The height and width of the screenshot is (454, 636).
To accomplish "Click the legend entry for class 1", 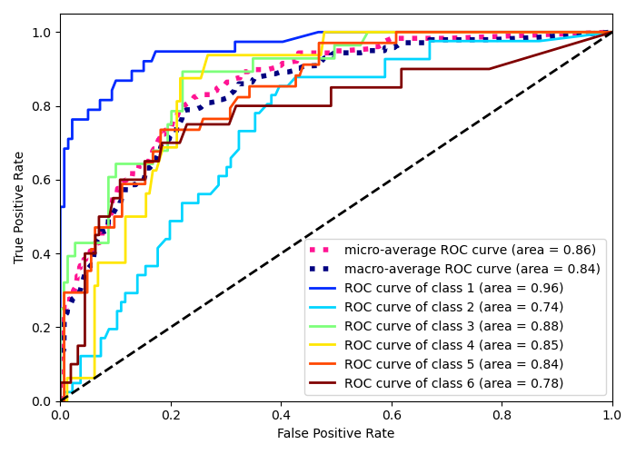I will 453,288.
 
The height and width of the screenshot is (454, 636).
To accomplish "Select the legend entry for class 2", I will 453,307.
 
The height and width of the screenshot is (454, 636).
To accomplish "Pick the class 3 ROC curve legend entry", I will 453,326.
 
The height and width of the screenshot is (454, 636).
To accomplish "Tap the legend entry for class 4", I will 453,345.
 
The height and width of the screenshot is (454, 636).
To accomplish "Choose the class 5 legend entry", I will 453,364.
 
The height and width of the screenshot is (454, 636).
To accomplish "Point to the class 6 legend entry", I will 453,383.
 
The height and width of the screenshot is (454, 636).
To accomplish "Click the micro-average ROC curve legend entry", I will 470,250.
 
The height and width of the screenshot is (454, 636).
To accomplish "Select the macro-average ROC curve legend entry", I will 472,269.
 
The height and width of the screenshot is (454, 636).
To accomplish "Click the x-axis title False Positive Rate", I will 335,434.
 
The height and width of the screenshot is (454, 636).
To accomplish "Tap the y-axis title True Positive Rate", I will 20,207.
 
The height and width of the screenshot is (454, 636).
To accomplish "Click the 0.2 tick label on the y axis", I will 42,327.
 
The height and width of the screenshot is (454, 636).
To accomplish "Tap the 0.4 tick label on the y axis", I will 42,253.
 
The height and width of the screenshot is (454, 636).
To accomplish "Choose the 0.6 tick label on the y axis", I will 42,180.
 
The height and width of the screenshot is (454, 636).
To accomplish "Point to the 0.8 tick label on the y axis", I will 42,106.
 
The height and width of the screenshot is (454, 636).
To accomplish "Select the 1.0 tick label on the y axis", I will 42,33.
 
